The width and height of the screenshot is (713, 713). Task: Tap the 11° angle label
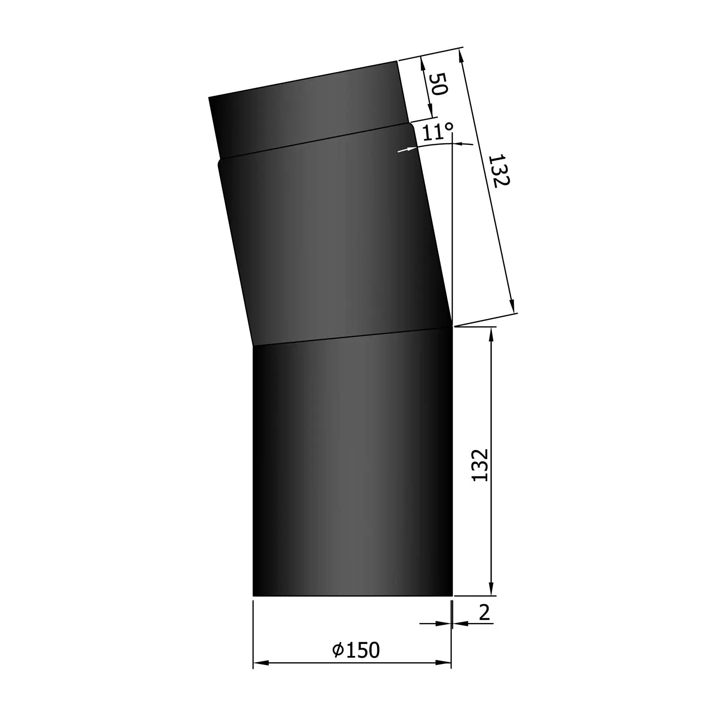(437, 132)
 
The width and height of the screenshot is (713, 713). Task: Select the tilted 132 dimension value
(499, 171)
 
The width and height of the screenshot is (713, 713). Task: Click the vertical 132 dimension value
(480, 465)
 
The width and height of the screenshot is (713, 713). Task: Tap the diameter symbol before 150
(338, 650)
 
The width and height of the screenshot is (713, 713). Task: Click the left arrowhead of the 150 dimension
(261, 663)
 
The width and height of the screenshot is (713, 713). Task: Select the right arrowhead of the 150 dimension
(443, 663)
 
